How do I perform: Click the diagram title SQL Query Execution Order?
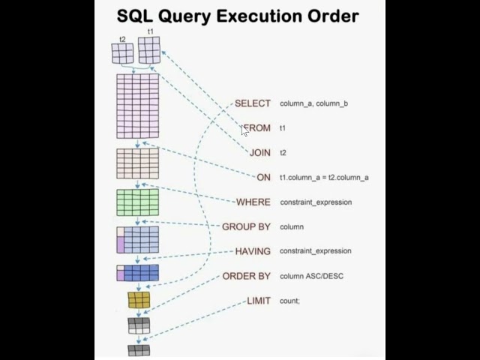click(238, 16)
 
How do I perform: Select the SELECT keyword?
click(252, 103)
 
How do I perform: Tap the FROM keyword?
click(257, 128)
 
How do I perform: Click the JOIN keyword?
click(259, 153)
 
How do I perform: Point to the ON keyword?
click(263, 178)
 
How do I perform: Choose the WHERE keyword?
click(253, 202)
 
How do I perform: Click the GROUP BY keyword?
click(246, 226)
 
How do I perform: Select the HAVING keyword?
click(252, 251)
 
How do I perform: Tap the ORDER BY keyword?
click(246, 276)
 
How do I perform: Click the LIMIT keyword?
click(258, 301)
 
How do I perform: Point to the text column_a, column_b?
click(313, 103)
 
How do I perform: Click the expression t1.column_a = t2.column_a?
click(324, 178)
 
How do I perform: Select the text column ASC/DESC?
click(311, 276)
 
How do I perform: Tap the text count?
click(289, 301)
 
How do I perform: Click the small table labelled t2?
click(122, 53)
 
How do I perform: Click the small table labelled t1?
click(149, 50)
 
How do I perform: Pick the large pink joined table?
click(137, 106)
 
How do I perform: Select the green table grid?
click(137, 202)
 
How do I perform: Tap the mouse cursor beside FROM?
click(244, 130)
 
